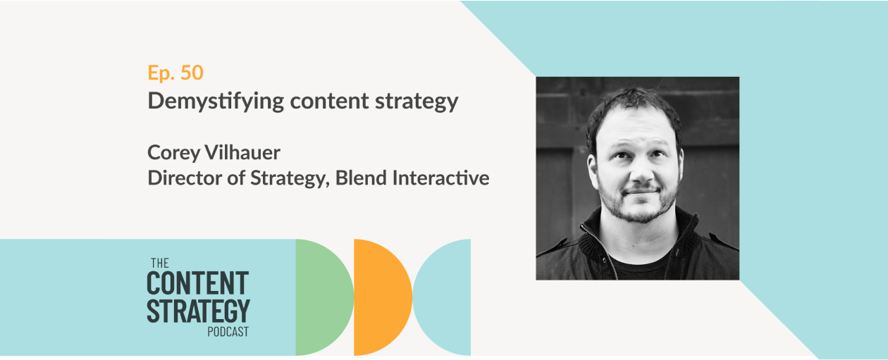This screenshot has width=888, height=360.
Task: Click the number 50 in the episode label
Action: (192, 73)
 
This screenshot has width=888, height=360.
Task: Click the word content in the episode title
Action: (329, 101)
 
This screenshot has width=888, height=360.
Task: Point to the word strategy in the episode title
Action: (417, 102)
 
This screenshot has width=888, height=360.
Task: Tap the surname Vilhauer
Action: (242, 152)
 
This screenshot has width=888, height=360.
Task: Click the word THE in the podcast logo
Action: (160, 263)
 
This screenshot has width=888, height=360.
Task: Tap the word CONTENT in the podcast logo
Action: (198, 283)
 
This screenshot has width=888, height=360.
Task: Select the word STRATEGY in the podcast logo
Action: (198, 311)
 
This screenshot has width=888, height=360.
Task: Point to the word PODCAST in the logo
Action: (228, 332)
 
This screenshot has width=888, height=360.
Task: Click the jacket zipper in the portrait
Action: (598, 250)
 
